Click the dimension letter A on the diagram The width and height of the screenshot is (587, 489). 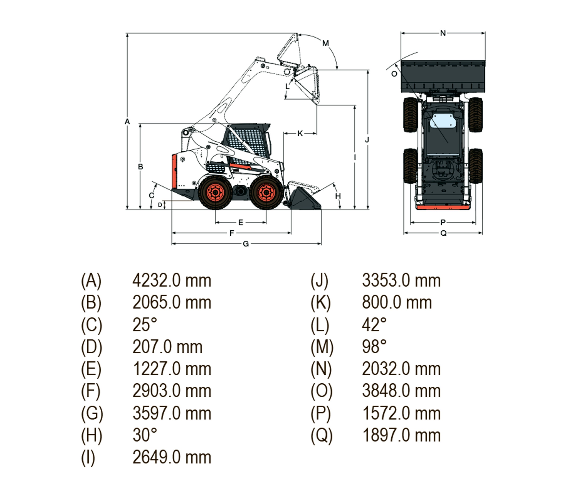pos(127,122)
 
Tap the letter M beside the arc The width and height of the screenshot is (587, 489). pos(325,43)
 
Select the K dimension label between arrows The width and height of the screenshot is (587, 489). pos(300,134)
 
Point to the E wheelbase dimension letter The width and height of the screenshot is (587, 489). pos(241,223)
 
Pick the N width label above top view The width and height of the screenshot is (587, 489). pos(443,33)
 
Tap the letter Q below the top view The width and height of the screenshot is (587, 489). pos(443,233)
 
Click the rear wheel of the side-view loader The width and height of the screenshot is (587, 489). pos(215,192)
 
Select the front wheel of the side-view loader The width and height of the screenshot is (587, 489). pos(266,192)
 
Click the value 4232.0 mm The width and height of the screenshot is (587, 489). pos(172,280)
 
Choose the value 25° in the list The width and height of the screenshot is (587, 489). pos(144,325)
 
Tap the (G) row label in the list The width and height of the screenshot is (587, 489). pos(92,413)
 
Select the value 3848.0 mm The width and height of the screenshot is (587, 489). pos(401,391)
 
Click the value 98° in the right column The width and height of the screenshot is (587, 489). pos(374,347)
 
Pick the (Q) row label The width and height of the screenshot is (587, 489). pos(322,435)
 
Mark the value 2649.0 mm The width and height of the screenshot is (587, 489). pos(172,458)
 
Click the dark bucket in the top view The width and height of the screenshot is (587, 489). pos(443,76)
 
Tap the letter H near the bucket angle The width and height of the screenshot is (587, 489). pos(338,196)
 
